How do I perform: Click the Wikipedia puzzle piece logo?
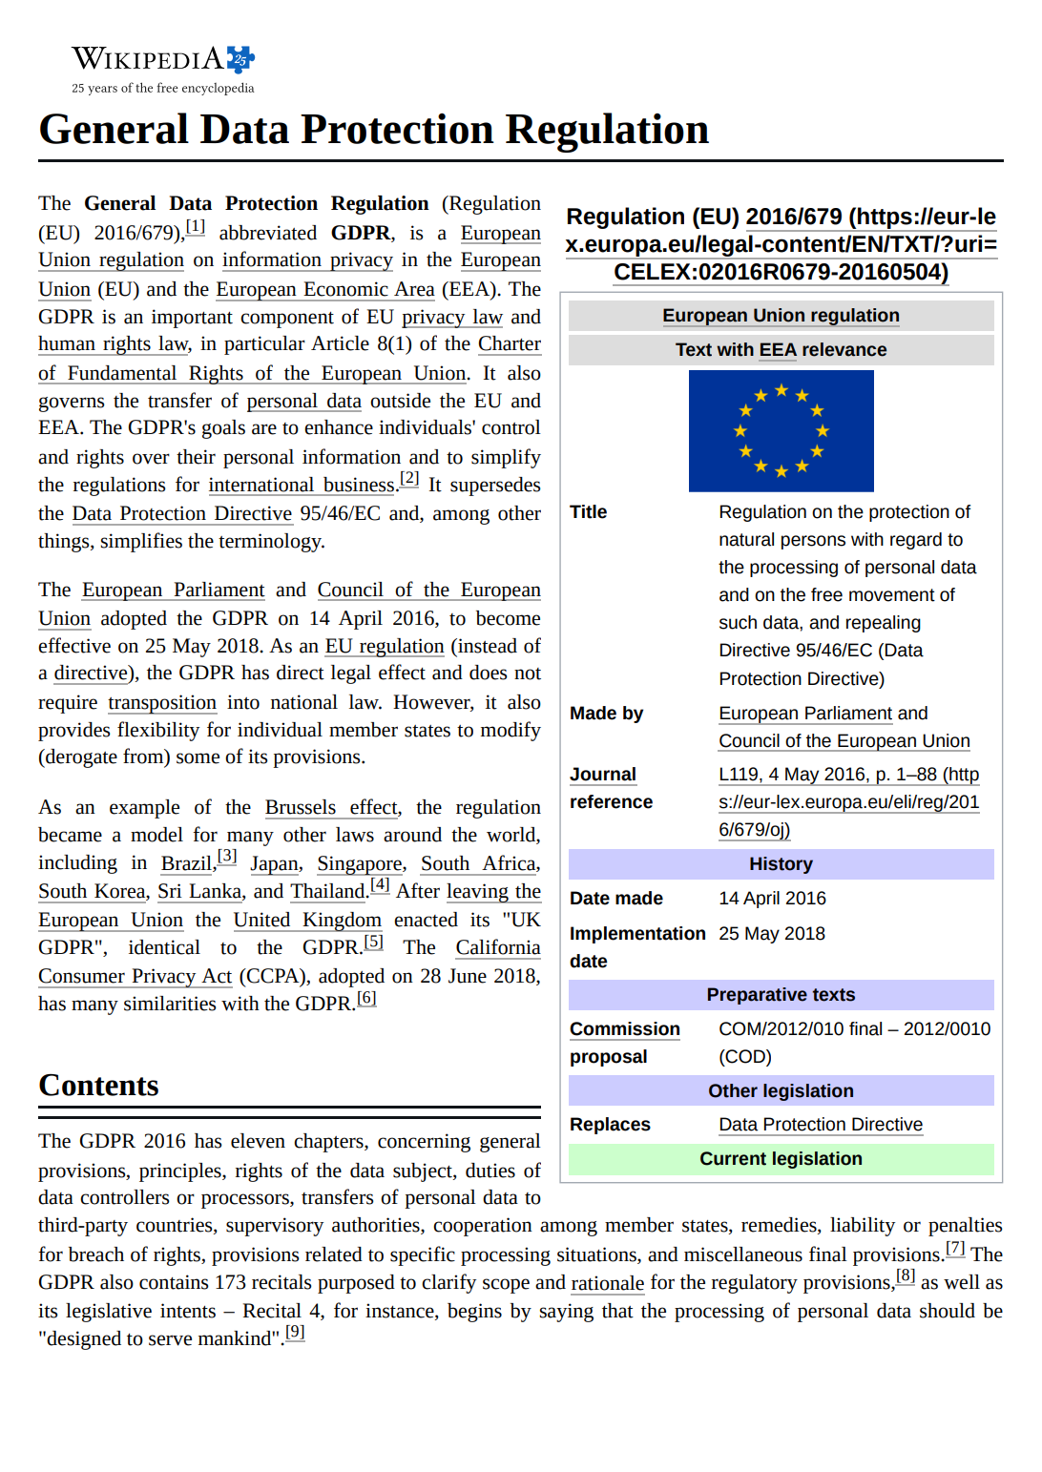coord(240,59)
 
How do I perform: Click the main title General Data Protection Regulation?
coord(373,130)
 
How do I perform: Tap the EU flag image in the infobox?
coord(781,431)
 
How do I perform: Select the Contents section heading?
coord(98,1086)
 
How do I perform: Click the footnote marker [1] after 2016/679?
coord(195,227)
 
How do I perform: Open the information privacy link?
coord(307,260)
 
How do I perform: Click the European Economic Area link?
coord(324,289)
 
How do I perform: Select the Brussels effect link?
coord(331,807)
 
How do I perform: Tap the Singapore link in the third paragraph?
coord(360,863)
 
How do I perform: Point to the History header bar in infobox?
coord(781,864)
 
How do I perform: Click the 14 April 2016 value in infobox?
coord(772,899)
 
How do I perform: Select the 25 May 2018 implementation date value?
coord(771,934)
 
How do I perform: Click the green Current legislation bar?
coord(781,1159)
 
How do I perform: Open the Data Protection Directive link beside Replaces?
coord(821,1125)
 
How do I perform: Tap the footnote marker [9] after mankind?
coord(295,1333)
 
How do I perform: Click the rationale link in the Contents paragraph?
coord(607,1283)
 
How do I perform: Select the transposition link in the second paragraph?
coord(162,703)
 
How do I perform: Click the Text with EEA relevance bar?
coord(781,350)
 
